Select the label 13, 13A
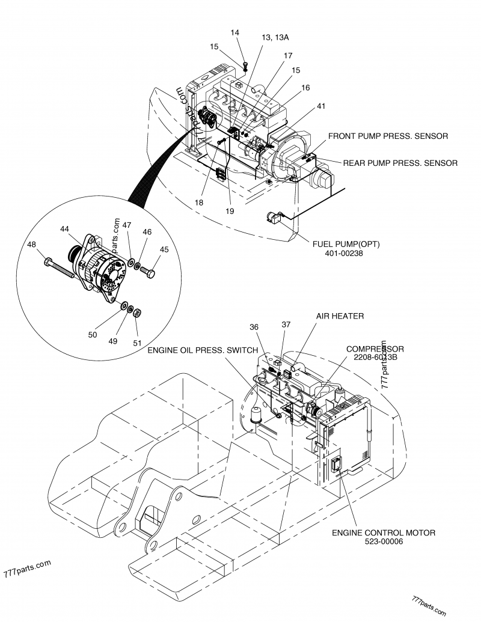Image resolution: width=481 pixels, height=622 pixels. click(275, 37)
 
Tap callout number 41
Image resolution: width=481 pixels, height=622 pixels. click(321, 106)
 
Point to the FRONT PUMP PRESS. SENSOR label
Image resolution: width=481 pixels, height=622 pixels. click(388, 136)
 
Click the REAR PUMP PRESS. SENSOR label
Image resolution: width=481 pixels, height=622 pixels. click(400, 162)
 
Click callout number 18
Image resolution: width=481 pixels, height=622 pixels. click(199, 203)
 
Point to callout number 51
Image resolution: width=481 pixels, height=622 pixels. click(138, 343)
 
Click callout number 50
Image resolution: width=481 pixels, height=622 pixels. click(92, 335)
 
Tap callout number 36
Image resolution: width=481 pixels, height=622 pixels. click(254, 327)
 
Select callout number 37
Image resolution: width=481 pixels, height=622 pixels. click(286, 324)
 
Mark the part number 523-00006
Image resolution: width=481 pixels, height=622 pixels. click(384, 541)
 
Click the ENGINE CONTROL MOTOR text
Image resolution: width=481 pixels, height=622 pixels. click(384, 532)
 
